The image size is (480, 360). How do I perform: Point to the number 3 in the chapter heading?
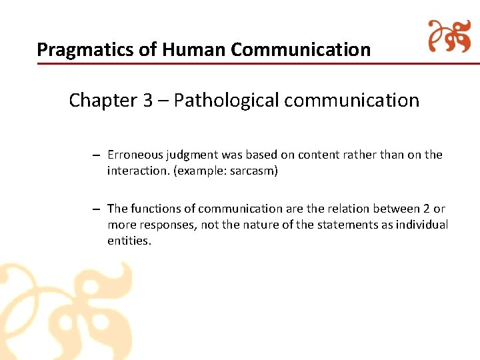point(148,100)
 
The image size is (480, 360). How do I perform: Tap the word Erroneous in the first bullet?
point(135,155)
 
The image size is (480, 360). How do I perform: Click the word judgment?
point(193,155)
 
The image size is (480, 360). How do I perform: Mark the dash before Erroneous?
point(97,155)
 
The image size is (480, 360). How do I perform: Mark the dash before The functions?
point(97,209)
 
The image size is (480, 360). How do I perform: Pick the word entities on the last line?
point(129,241)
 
